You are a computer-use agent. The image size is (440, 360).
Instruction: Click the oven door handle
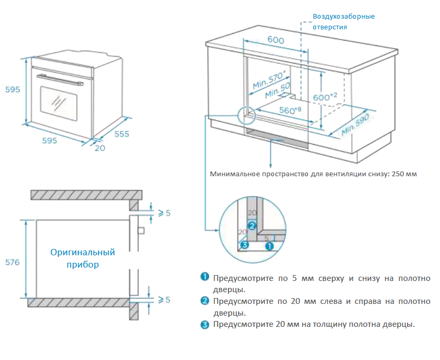(x=60, y=80)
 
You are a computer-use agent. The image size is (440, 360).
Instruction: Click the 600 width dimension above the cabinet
(x=275, y=41)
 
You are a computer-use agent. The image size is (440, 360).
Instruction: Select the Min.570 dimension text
(x=270, y=80)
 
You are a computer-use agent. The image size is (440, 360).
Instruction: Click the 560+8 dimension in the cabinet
(x=289, y=111)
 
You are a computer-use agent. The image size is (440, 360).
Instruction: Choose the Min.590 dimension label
(x=356, y=126)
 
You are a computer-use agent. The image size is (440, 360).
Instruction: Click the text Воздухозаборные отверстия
(x=344, y=21)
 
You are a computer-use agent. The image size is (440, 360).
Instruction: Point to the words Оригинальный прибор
(x=83, y=258)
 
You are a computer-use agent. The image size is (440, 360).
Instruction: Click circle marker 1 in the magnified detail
(x=269, y=246)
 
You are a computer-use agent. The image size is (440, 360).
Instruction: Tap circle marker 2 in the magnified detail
(x=251, y=225)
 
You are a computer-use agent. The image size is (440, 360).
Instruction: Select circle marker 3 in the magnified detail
(x=244, y=245)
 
